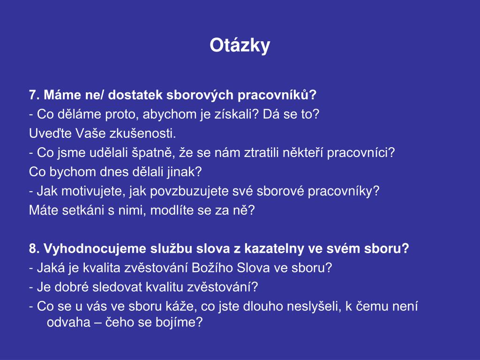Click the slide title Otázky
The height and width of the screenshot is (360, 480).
240,46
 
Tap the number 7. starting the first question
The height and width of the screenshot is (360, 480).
34,95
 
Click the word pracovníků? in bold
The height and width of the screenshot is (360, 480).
277,95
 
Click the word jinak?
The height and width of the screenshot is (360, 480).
184,172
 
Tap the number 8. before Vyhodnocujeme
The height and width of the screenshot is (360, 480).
34,248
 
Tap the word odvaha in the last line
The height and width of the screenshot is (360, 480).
68,322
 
